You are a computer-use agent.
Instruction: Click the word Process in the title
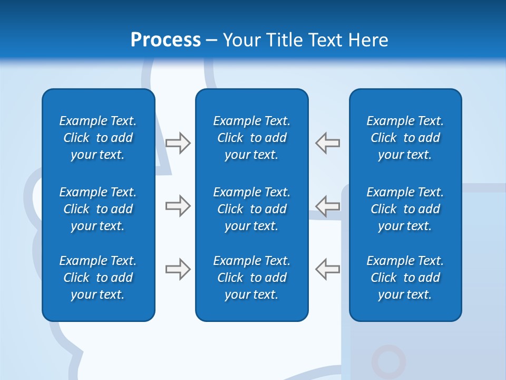[166, 40]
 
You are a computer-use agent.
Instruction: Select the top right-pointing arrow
[178, 143]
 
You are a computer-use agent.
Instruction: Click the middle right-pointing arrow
[178, 206]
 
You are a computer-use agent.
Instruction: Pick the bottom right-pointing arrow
[178, 269]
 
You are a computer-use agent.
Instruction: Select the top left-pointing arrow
[328, 143]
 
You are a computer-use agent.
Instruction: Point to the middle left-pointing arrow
[328, 206]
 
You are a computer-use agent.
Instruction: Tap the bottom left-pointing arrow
[328, 269]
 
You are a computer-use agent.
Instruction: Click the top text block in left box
[98, 138]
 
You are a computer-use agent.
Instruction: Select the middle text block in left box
[98, 209]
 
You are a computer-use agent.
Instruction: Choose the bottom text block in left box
[98, 278]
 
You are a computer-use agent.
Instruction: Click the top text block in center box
[252, 138]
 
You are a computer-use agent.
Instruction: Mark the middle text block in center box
[252, 209]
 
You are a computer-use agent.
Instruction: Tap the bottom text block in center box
[252, 278]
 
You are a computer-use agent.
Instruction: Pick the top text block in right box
[405, 138]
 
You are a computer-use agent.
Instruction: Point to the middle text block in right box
[405, 209]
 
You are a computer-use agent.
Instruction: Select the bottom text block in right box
[405, 278]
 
